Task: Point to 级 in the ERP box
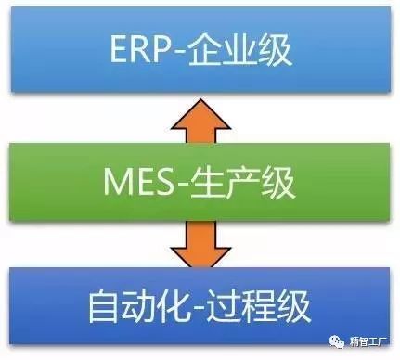(274, 50)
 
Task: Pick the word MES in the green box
(138, 182)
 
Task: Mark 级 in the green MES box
(277, 182)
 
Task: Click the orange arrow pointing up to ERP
(200, 121)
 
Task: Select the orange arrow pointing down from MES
(200, 244)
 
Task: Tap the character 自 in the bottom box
(104, 306)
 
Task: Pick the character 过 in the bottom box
(223, 306)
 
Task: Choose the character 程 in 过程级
(258, 306)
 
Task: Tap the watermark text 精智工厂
(368, 341)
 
